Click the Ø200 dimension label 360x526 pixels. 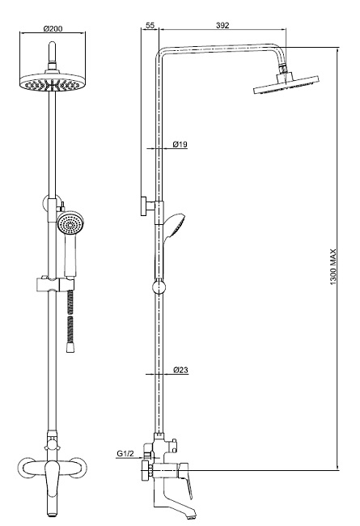(53, 28)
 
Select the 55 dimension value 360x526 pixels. (150, 25)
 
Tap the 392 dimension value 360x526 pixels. (222, 25)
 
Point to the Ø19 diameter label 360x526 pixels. (180, 145)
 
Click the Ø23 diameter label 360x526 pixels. (180, 370)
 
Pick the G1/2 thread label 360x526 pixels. (125, 454)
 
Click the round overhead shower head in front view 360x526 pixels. (53, 83)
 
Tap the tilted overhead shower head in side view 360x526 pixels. (286, 86)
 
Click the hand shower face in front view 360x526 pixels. (69, 223)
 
